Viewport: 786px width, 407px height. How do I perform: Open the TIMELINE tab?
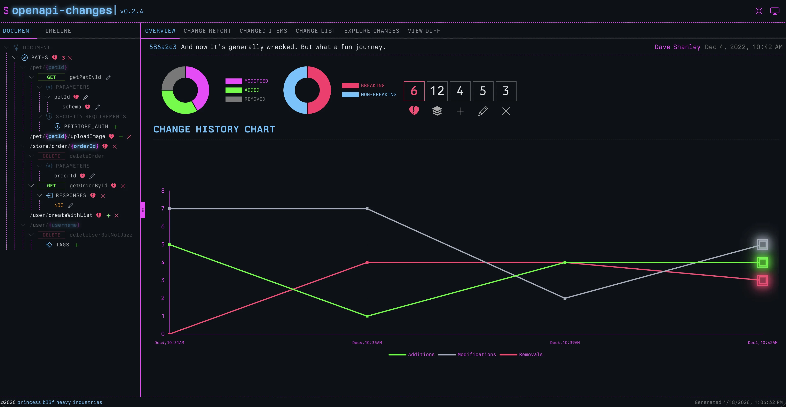(56, 31)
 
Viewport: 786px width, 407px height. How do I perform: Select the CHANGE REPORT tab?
(207, 31)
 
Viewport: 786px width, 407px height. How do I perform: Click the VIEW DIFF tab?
(424, 31)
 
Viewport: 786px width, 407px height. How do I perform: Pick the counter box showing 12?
(437, 91)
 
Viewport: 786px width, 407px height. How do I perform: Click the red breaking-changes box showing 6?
(414, 91)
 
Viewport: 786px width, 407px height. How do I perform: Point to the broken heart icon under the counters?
(414, 111)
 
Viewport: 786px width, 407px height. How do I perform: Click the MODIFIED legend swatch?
(233, 81)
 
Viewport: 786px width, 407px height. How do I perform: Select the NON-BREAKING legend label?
(378, 95)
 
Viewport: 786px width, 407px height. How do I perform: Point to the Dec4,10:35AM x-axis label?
(367, 343)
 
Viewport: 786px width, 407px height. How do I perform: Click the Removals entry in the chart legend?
(531, 354)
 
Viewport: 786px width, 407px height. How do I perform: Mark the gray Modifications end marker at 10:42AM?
(763, 244)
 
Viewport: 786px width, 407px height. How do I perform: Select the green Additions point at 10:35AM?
(367, 316)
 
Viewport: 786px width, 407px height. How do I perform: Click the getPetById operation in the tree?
(85, 77)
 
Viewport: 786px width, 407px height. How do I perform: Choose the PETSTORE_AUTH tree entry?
(86, 126)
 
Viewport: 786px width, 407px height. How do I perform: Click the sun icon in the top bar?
(759, 11)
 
